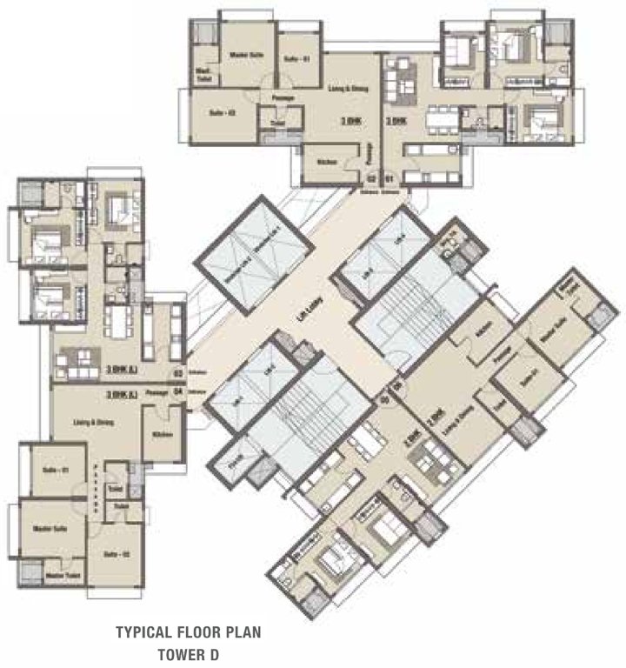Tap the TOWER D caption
pos(188,651)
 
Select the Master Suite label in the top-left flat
pos(247,55)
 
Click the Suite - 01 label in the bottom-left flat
pos(55,471)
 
